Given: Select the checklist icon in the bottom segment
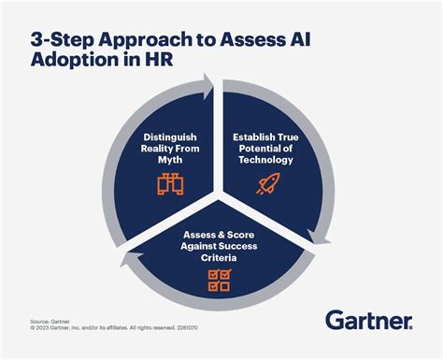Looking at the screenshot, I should [x=219, y=278].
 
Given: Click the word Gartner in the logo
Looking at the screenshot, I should [x=367, y=321].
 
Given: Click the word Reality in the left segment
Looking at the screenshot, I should [x=160, y=148].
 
